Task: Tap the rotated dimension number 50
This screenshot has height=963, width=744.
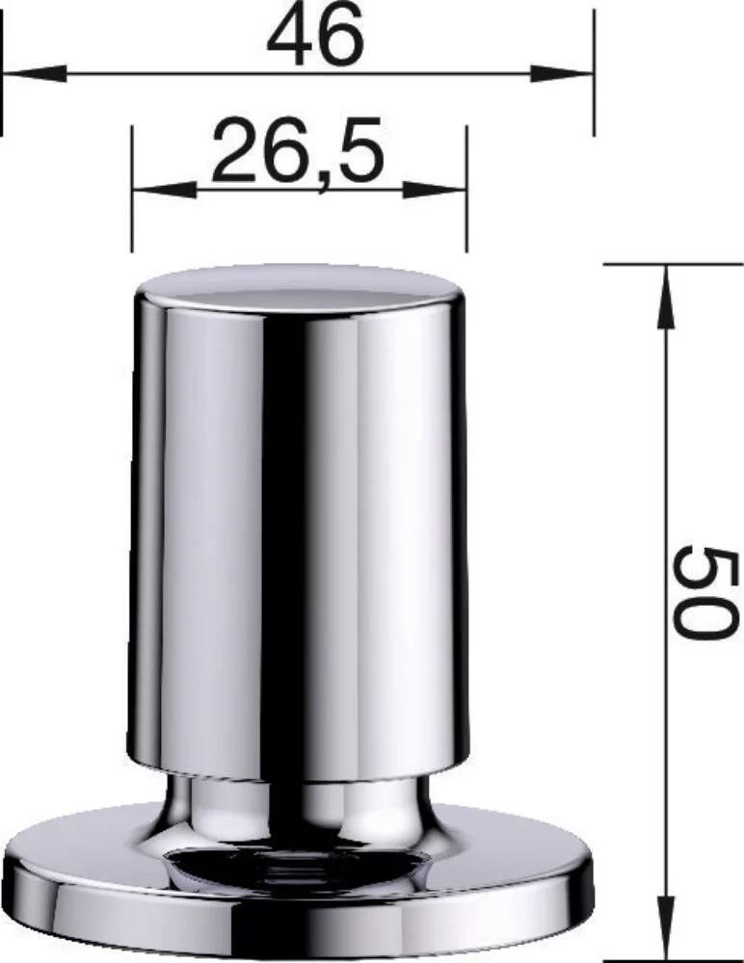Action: click(x=703, y=592)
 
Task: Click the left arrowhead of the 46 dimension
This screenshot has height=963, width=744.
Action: click(x=35, y=74)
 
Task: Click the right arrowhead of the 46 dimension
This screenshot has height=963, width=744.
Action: click(x=562, y=74)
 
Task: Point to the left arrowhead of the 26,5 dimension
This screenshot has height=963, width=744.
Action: click(x=164, y=190)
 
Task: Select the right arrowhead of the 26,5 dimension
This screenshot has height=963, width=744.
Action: click(x=436, y=190)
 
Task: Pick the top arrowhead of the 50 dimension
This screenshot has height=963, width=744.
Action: click(x=665, y=296)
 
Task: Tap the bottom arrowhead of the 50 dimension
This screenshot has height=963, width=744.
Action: click(x=665, y=930)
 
